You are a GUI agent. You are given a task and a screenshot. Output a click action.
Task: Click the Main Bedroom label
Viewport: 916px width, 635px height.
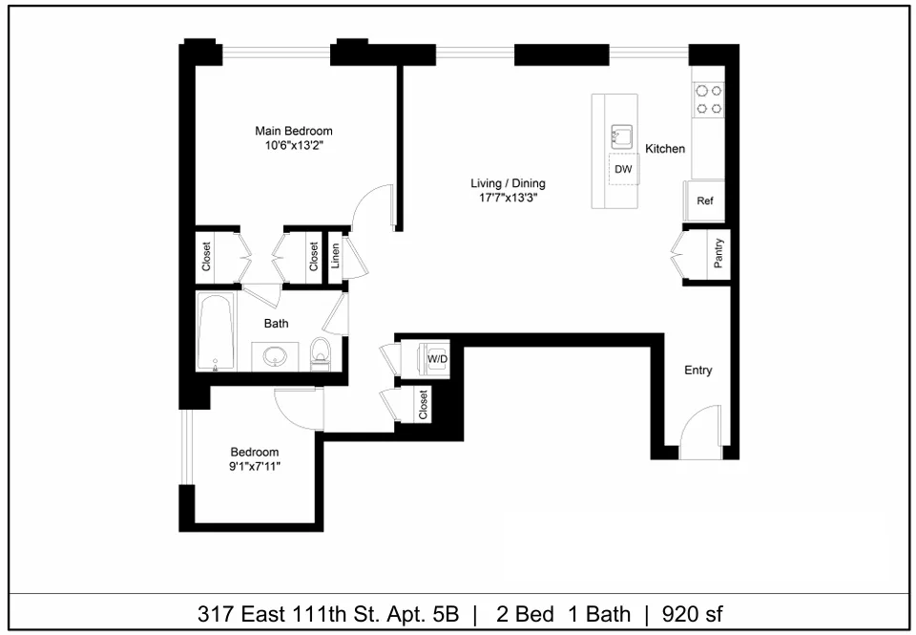click(293, 131)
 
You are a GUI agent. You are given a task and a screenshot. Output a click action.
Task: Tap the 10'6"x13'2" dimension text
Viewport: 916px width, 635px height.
click(293, 146)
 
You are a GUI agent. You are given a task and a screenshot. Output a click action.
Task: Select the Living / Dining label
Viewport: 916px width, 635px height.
click(508, 183)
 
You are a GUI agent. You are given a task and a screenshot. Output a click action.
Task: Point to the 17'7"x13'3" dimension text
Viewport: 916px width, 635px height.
click(508, 199)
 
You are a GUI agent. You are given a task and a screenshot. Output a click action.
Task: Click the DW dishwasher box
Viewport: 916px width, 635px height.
click(623, 169)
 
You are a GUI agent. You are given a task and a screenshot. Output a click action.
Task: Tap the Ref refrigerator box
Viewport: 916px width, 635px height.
click(705, 201)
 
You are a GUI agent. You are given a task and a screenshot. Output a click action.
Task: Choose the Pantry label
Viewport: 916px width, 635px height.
click(718, 255)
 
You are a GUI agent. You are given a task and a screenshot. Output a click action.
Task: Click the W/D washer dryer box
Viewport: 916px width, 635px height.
click(438, 358)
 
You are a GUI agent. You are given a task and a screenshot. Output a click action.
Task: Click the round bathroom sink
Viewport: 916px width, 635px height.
click(275, 356)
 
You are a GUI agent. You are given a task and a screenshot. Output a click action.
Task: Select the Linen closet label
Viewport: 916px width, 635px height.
click(335, 256)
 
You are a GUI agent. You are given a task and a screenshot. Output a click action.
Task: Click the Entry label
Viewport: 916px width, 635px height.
click(697, 370)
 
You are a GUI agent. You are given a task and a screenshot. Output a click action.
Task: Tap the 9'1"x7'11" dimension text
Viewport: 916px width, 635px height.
click(255, 467)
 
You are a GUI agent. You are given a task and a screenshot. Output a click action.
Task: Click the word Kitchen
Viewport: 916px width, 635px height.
click(665, 149)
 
